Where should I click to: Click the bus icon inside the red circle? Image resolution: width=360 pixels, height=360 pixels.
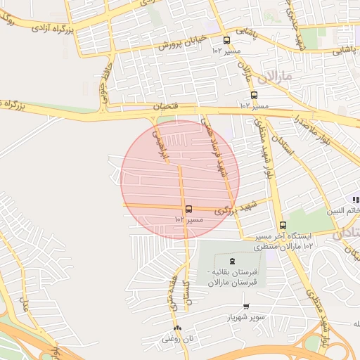[188, 209]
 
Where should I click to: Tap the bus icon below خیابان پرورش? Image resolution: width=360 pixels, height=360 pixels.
[226, 41]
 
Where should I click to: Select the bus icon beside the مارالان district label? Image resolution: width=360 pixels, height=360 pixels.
[254, 95]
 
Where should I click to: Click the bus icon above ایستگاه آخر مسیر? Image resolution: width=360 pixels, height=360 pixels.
[283, 226]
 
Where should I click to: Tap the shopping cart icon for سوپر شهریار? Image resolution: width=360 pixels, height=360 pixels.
[246, 306]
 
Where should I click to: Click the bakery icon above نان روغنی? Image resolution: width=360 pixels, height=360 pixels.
[176, 328]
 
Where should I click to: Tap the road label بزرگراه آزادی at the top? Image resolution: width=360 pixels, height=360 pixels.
[51, 27]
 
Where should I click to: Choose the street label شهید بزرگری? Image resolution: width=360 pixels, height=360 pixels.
[232, 207]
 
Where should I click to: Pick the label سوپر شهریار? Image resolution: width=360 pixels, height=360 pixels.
[246, 317]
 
